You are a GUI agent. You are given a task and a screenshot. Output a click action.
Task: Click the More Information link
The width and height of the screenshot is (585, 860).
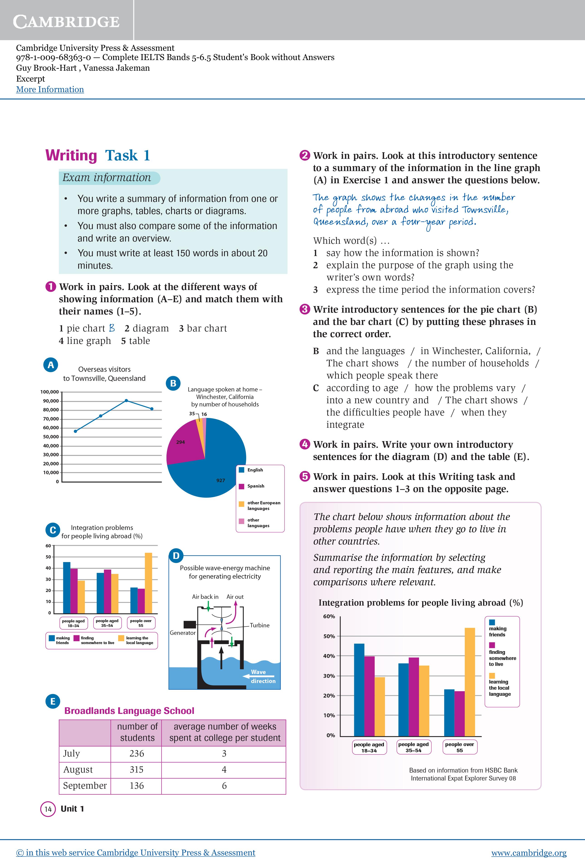coord(50,89)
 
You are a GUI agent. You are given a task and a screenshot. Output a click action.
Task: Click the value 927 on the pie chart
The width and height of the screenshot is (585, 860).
coord(221,480)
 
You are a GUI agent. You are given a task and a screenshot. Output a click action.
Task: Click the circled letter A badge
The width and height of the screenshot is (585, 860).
coord(51,365)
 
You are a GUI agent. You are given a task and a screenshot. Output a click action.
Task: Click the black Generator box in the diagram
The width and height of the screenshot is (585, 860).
coord(190,624)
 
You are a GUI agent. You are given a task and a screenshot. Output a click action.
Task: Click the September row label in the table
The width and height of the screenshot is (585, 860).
coord(85,786)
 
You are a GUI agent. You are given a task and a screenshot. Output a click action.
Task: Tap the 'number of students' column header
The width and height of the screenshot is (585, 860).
coord(137,732)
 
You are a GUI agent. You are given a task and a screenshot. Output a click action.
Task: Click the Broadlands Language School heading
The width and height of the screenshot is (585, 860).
coord(129,711)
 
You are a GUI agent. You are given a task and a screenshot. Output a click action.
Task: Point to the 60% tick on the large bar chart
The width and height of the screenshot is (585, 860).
coord(329,616)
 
